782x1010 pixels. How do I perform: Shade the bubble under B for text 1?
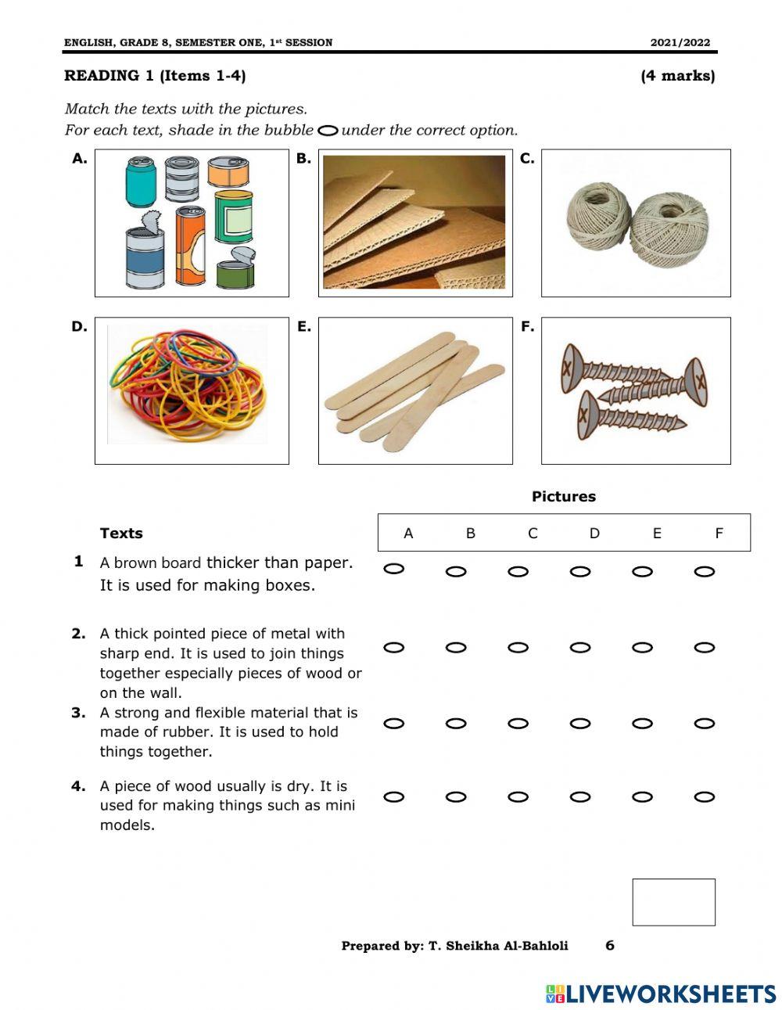click(x=456, y=572)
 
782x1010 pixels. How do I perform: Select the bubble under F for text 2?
click(x=705, y=648)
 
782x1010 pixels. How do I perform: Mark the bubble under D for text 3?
click(x=580, y=724)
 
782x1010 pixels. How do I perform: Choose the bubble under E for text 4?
click(x=642, y=797)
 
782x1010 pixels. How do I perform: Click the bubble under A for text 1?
click(x=394, y=569)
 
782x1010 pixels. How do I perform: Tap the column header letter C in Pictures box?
click(x=533, y=534)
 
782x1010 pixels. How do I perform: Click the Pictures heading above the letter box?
click(x=563, y=497)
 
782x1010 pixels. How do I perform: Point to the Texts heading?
click(x=121, y=534)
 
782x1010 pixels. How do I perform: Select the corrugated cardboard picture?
click(x=414, y=222)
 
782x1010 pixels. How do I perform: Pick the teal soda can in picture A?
click(x=141, y=181)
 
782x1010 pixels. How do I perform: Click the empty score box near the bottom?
click(x=673, y=902)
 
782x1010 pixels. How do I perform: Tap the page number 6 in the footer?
click(x=610, y=945)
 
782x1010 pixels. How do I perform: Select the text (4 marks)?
click(x=677, y=76)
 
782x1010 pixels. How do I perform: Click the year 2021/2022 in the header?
click(x=680, y=43)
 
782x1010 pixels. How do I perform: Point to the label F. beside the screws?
click(x=528, y=327)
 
